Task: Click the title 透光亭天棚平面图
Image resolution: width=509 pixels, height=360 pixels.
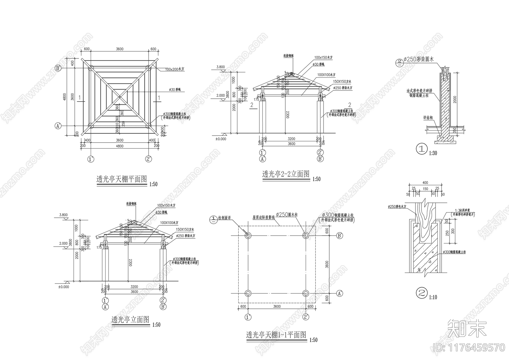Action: pos(122,180)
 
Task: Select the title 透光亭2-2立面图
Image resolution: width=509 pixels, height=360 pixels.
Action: pos(286,174)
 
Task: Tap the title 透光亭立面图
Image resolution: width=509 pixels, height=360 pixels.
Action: pos(130,320)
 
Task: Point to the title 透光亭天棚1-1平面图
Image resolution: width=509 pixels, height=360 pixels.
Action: pos(276,335)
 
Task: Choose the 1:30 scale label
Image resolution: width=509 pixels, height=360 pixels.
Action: pos(433,153)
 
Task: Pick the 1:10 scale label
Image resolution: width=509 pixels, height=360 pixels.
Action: pos(433,297)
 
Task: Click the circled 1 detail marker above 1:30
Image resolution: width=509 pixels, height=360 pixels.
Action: pos(422,149)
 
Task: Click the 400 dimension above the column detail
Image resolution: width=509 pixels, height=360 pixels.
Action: pos(425,183)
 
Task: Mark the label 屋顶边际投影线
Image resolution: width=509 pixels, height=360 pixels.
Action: pos(264,217)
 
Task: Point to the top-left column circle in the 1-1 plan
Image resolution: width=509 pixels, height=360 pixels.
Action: pos(248,235)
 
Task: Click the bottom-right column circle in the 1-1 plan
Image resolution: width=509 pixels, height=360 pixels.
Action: pos(306,293)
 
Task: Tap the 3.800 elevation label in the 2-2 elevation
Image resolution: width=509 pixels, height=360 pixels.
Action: pos(220,67)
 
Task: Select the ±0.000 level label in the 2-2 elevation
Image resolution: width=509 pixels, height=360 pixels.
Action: pos(220,139)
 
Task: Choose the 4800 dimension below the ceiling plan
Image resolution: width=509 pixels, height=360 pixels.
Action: pos(120,146)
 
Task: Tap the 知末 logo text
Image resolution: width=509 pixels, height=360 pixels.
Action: pos(467,328)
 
